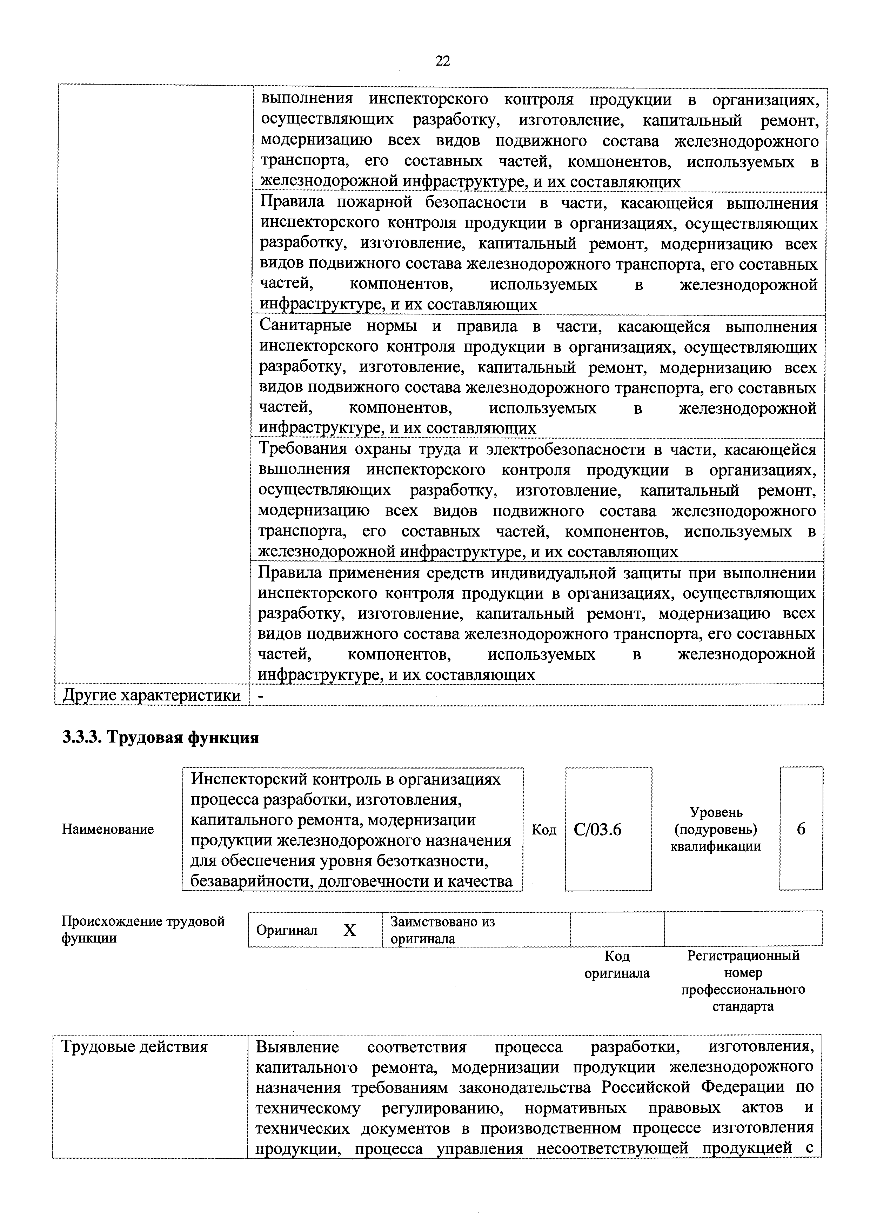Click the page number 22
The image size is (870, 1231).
[x=442, y=61]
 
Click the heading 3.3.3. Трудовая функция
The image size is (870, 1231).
[x=160, y=738]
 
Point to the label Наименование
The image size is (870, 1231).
[x=108, y=830]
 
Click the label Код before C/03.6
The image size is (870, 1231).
[x=543, y=830]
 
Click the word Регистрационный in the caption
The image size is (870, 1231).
[x=743, y=956]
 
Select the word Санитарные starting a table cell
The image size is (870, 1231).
[x=305, y=326]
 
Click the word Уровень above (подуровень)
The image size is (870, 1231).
[x=716, y=812]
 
